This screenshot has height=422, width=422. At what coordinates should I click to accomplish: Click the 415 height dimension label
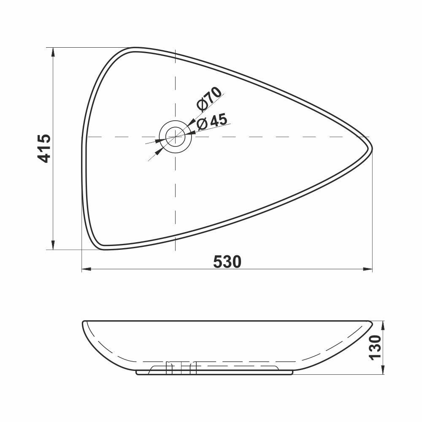pos(44,148)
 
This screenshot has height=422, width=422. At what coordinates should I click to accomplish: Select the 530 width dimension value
pos(227,262)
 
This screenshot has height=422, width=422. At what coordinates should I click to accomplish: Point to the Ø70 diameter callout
pos(209,98)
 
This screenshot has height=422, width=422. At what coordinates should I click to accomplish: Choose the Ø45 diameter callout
pos(212,122)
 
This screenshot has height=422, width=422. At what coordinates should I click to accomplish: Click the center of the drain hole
pos(174,137)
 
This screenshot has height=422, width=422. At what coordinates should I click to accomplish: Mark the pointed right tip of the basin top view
pos(371,148)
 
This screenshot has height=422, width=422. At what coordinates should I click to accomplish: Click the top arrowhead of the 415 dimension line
pos(53,51)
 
